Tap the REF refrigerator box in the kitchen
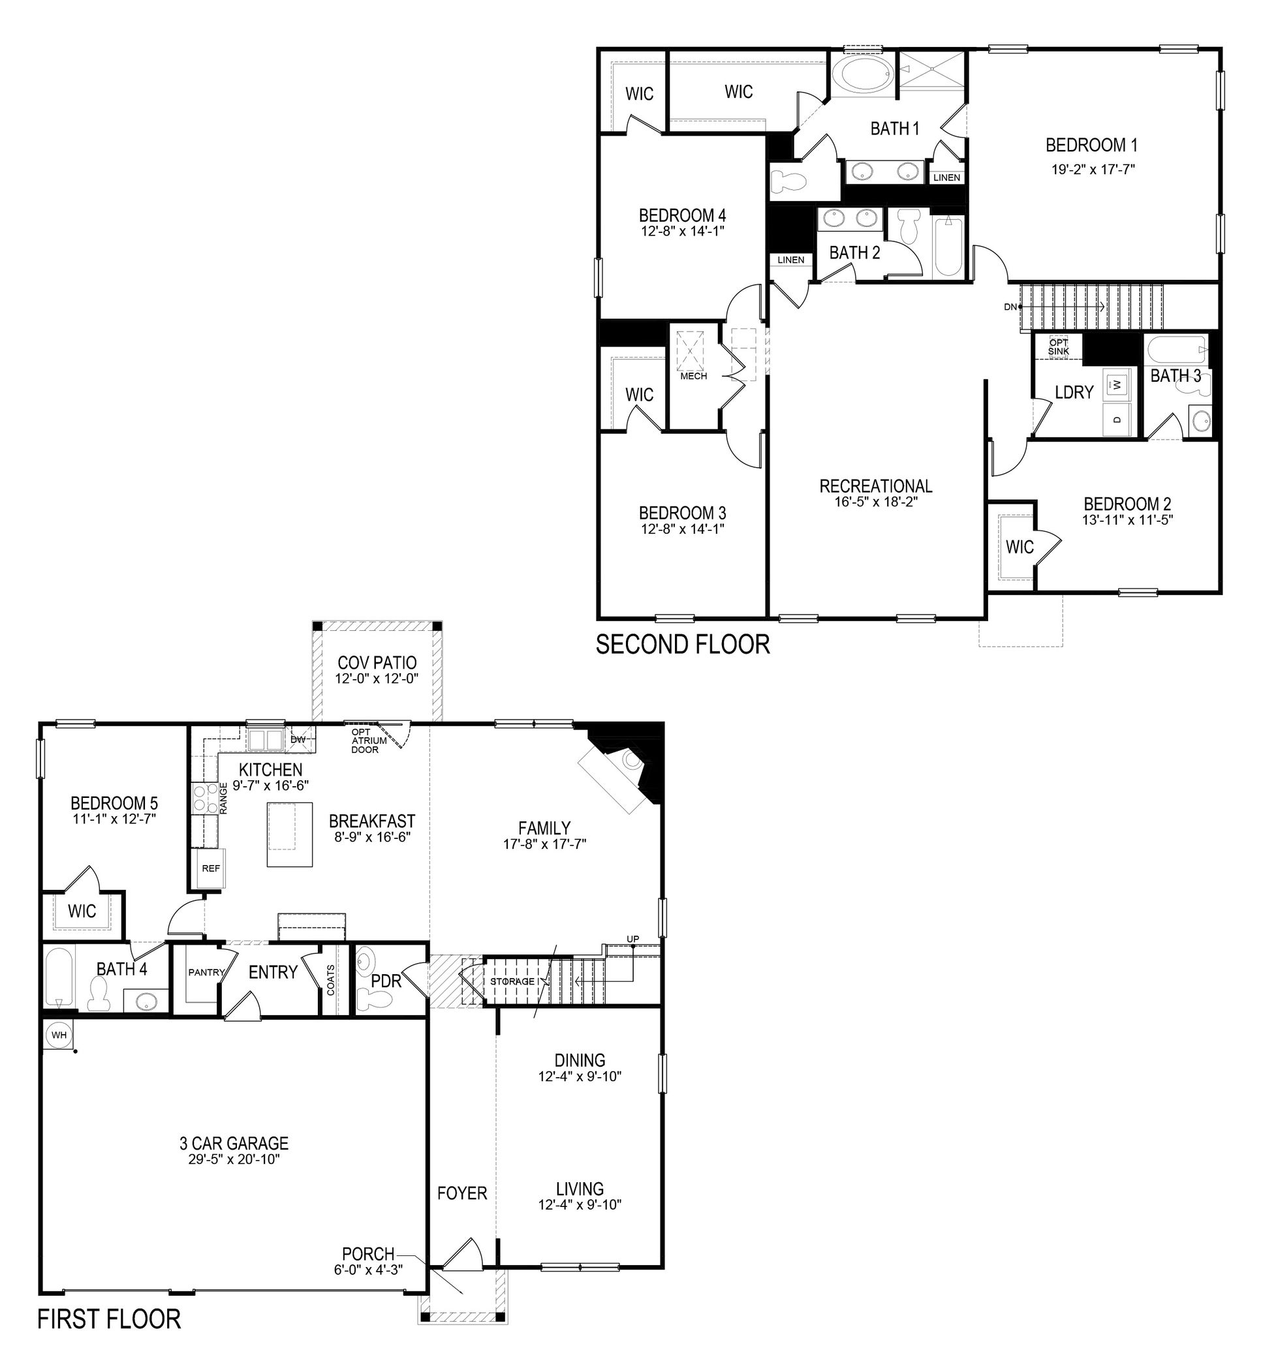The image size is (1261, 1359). (x=211, y=868)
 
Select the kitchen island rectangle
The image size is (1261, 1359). (x=289, y=834)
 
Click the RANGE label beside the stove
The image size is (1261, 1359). (x=224, y=797)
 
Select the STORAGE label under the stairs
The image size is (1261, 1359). (x=512, y=981)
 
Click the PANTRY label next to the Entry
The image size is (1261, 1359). (x=206, y=972)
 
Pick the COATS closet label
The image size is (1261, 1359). (x=331, y=980)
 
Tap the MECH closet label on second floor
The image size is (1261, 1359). (x=693, y=376)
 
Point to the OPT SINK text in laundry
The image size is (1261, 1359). (x=1059, y=346)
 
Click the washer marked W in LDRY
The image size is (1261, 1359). (x=1116, y=385)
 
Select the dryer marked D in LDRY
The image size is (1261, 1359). (x=1116, y=419)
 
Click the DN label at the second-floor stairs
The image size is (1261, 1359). (x=1010, y=307)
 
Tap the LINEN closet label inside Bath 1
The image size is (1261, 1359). (x=946, y=177)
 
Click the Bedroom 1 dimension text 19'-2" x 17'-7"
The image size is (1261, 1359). (x=1093, y=169)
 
